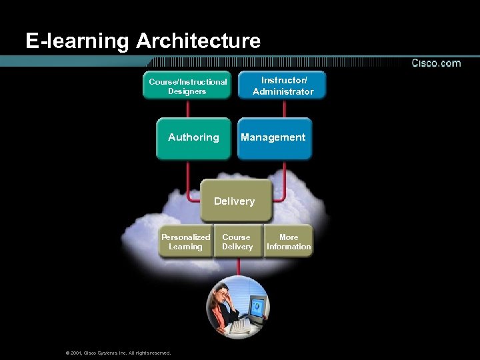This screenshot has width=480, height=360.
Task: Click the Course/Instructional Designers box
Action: (187, 86)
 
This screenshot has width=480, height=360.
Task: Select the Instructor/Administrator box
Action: (283, 85)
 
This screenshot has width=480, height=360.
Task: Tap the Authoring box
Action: (193, 138)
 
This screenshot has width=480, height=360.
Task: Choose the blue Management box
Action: (274, 138)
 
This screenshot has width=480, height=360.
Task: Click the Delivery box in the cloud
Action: (235, 200)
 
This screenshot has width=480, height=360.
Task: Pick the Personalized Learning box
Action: (185, 243)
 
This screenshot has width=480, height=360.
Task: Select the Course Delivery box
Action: (237, 243)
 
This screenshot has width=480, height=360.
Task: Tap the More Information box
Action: (289, 243)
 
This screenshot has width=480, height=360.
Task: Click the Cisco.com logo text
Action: (435, 63)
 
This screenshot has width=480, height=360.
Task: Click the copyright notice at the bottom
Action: (117, 353)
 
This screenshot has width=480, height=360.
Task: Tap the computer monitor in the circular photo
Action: (257, 307)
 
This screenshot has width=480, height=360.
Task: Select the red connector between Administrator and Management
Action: (283, 108)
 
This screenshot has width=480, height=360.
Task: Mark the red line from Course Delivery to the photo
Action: (238, 267)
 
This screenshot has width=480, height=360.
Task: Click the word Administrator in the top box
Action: (283, 91)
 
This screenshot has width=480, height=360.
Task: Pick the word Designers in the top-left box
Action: (187, 91)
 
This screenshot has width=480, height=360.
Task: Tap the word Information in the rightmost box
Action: (289, 247)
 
